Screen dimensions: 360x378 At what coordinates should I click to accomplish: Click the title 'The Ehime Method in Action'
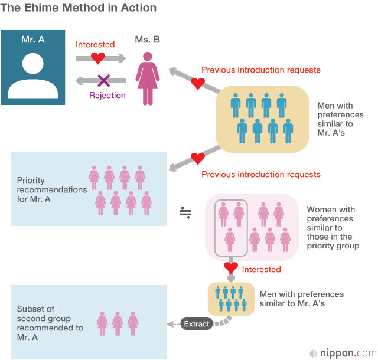click(x=79, y=8)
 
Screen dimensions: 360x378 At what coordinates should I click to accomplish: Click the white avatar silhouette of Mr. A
click(x=33, y=76)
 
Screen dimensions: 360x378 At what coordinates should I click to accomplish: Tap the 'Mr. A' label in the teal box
click(x=33, y=40)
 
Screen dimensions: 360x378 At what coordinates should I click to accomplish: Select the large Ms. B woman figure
click(x=147, y=77)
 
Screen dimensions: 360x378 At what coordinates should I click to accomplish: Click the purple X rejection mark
click(x=103, y=80)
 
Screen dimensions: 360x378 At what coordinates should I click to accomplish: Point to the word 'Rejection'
click(x=107, y=95)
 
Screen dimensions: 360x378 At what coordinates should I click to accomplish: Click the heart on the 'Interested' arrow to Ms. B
click(x=98, y=58)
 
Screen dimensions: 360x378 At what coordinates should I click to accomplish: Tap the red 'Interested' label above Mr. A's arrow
click(x=95, y=44)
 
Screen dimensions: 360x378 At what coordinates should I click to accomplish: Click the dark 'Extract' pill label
click(x=197, y=324)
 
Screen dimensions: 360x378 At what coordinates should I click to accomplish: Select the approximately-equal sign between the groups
click(x=185, y=212)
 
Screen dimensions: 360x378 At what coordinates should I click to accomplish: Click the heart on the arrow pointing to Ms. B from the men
click(x=197, y=83)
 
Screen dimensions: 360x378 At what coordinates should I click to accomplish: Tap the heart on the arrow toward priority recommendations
click(x=198, y=159)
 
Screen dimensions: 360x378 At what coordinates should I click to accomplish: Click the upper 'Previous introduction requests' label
click(x=261, y=70)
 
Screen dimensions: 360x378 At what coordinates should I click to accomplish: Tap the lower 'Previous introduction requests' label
click(x=261, y=174)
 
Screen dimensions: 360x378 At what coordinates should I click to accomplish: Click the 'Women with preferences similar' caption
click(x=333, y=227)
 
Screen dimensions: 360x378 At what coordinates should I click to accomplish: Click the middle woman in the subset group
click(x=118, y=322)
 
